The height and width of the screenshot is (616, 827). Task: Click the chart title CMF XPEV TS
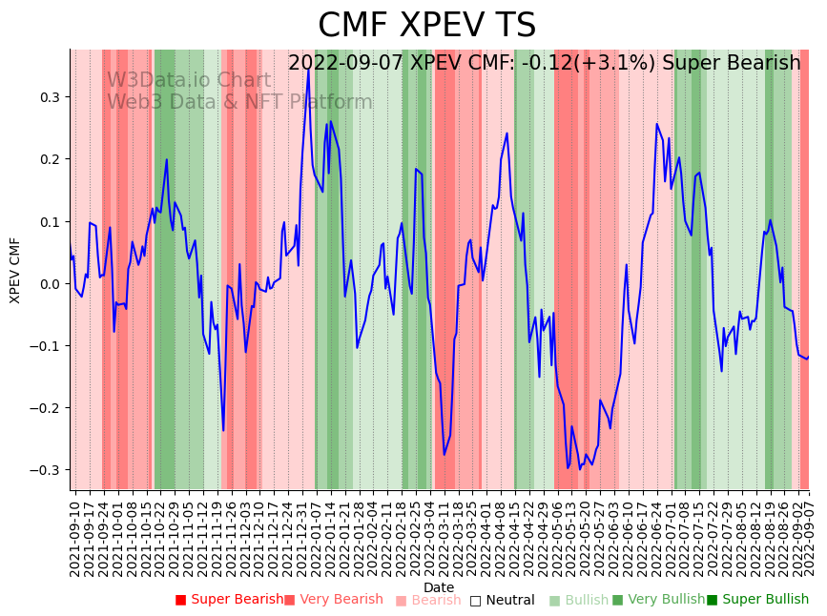426,26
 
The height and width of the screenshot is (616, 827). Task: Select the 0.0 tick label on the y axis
50,284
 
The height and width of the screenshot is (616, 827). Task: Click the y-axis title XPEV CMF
15,270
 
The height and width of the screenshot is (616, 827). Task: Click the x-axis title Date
439,587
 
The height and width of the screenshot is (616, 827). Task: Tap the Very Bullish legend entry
658,601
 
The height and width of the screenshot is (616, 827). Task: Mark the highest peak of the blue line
308,70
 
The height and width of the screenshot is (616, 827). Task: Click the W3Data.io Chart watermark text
189,80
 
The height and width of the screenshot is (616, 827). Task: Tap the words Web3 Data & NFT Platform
239,102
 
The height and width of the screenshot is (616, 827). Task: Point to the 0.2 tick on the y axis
50,159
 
